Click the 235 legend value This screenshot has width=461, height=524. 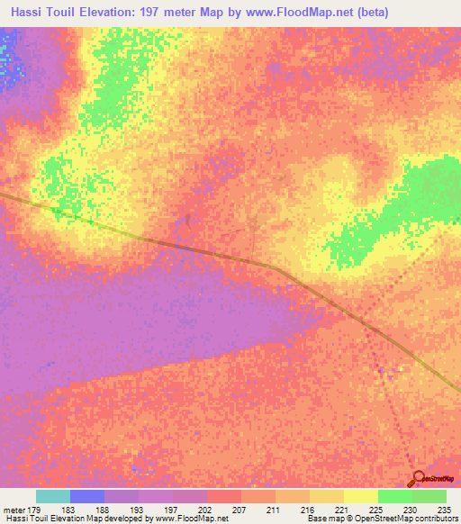click(444, 509)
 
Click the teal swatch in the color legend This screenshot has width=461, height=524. click(53, 496)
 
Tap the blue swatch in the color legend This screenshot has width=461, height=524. click(87, 496)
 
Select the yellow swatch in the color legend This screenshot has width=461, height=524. click(361, 496)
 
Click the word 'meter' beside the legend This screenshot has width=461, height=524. click(12, 509)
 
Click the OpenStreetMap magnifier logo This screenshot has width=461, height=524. click(418, 479)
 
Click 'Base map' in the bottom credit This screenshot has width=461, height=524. click(324, 519)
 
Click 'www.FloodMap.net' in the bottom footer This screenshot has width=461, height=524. click(190, 519)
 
